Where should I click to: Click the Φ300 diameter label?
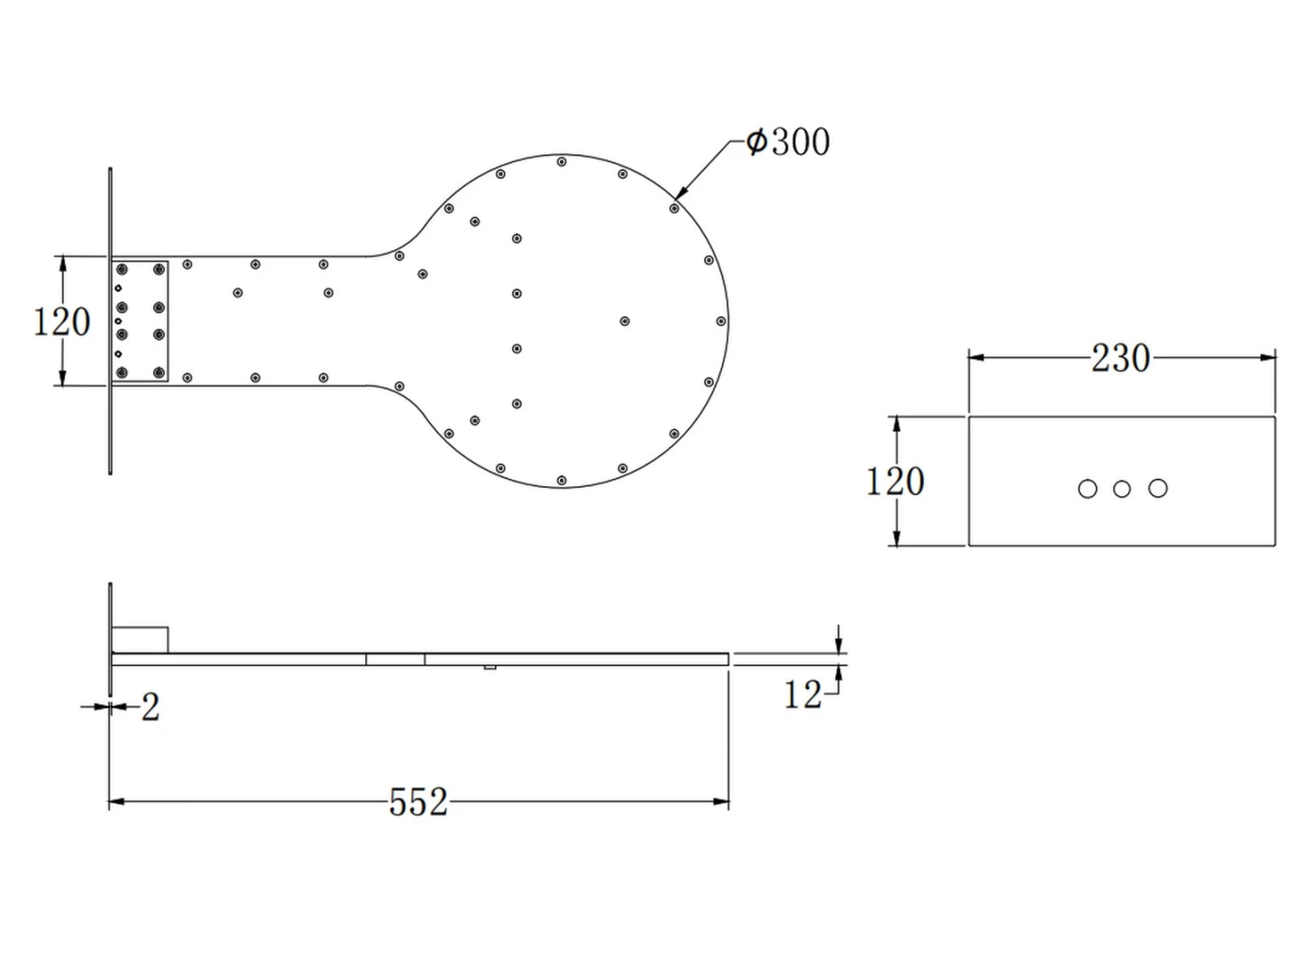[788, 142]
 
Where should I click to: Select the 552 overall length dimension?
[418, 802]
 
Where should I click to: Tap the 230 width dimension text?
[1120, 358]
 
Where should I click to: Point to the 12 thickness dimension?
[801, 694]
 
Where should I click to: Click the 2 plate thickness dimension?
[151, 707]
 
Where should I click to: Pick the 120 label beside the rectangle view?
[895, 481]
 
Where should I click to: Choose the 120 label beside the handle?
[61, 321]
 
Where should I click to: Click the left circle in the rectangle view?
[1087, 489]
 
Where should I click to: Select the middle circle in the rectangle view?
[1121, 489]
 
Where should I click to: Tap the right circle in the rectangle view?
[1158, 489]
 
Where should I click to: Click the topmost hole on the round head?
[562, 162]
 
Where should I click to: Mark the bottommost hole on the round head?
[562, 480]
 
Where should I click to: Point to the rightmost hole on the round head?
[721, 321]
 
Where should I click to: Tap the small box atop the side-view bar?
[140, 639]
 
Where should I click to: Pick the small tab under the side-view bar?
[489, 667]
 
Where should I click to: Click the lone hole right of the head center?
[624, 321]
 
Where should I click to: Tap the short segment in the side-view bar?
[395, 659]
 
